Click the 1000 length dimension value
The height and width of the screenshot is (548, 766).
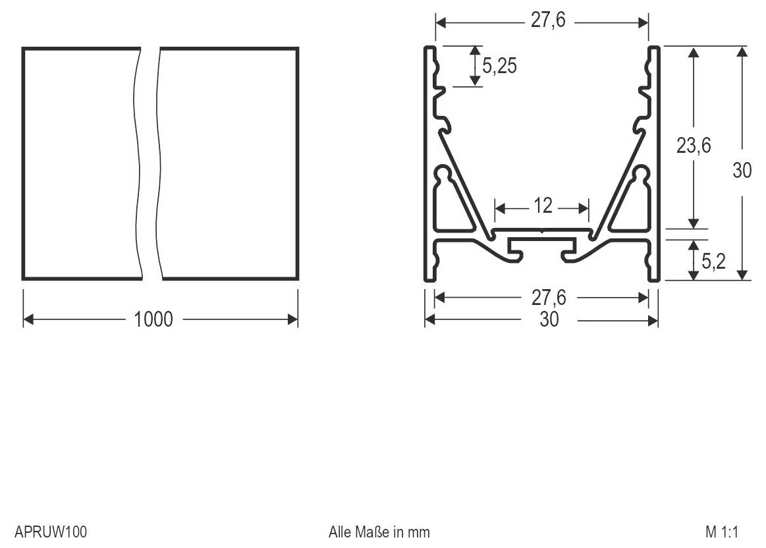pyautogui.click(x=153, y=319)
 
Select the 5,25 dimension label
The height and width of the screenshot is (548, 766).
pyautogui.click(x=499, y=66)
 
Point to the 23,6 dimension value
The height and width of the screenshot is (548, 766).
pyautogui.click(x=693, y=146)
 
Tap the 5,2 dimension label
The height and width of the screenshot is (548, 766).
pyautogui.click(x=713, y=261)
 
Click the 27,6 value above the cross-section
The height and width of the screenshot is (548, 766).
pyautogui.click(x=549, y=20)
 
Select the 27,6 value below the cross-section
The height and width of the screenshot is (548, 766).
pyautogui.click(x=549, y=298)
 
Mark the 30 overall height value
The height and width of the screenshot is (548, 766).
pyautogui.click(x=742, y=170)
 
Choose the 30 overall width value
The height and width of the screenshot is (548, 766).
pyautogui.click(x=549, y=320)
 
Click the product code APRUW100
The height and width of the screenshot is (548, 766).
pyautogui.click(x=51, y=531)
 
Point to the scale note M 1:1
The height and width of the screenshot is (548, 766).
pyautogui.click(x=723, y=531)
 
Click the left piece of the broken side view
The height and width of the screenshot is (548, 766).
pyautogui.click(x=80, y=163)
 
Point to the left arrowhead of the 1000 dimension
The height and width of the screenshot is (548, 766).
pyautogui.click(x=28, y=319)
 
